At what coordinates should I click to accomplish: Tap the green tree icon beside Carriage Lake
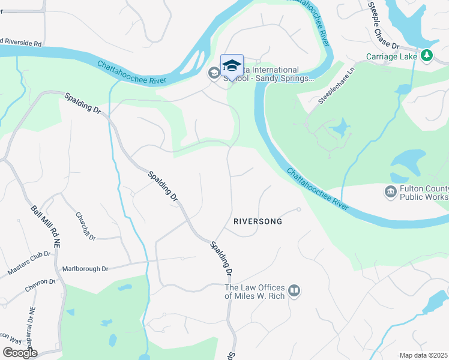(x=427, y=56)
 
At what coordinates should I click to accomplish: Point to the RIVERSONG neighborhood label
(x=258, y=221)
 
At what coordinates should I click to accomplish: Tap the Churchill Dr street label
(x=86, y=226)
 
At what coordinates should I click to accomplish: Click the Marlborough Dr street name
(x=85, y=269)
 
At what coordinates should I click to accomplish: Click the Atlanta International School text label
(x=270, y=74)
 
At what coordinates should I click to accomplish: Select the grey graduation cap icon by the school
(x=214, y=73)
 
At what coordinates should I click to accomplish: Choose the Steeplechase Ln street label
(x=337, y=92)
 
